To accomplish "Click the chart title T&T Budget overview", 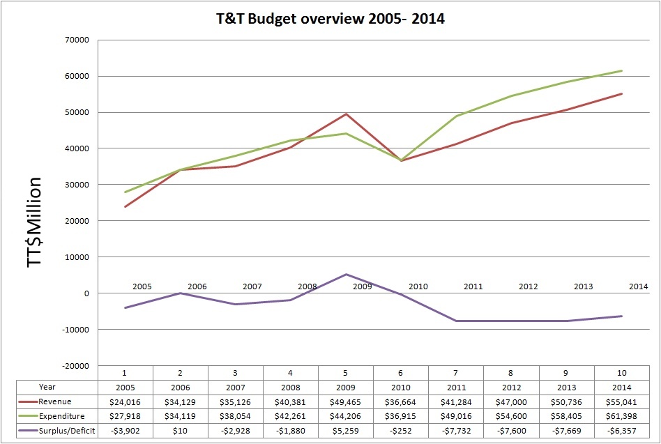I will click(x=330, y=20).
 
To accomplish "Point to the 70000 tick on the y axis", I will click(x=77, y=40).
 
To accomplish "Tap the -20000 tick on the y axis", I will click(x=75, y=365).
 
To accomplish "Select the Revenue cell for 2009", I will click(x=346, y=402).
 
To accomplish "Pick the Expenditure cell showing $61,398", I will click(x=621, y=415).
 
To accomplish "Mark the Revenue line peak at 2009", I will click(x=346, y=114).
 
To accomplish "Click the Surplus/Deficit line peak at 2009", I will click(x=346, y=274).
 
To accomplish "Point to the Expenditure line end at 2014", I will click(x=621, y=70).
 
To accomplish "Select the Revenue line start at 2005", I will click(x=126, y=206).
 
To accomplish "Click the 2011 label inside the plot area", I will click(x=473, y=286).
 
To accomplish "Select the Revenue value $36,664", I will click(x=401, y=402).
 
